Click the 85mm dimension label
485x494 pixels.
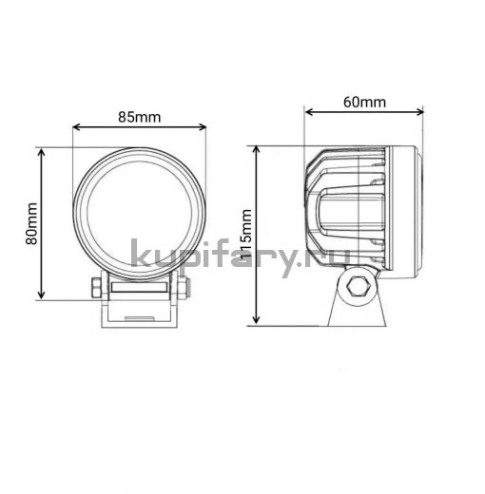(140, 117)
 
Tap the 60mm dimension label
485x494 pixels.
(364, 102)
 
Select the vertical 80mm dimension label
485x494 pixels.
(31, 223)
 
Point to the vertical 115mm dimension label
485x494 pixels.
(246, 235)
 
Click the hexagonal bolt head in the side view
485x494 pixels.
(357, 287)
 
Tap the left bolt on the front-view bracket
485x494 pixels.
(96, 288)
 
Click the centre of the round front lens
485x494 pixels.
(140, 214)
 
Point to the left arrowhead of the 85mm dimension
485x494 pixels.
(76, 127)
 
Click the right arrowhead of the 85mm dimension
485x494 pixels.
(203, 127)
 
